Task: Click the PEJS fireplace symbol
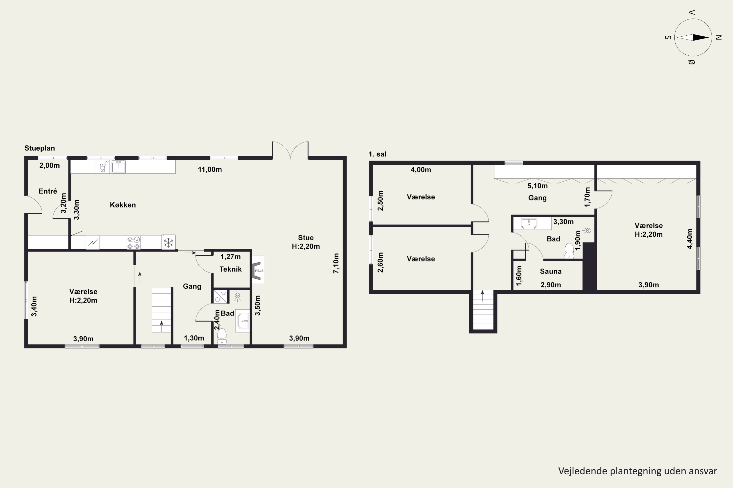258,270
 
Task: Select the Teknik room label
230,269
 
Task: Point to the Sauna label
551,271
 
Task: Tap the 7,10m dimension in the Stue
336,263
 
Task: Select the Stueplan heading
40,148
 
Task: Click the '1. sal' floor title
377,154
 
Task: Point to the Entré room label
48,191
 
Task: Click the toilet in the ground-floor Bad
222,336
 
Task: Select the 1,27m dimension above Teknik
231,257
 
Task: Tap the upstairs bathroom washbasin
529,223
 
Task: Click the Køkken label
123,205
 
